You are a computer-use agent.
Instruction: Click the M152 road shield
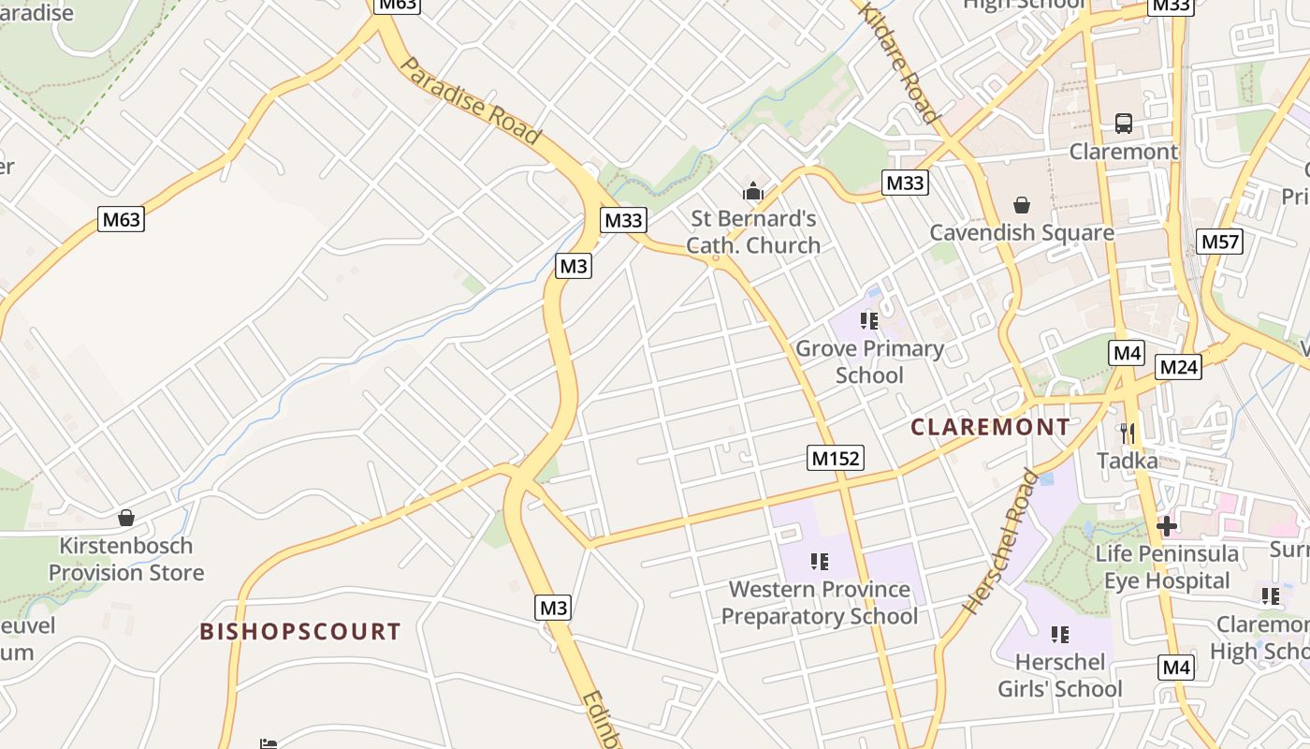[835, 458]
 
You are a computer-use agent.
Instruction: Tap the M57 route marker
[1220, 242]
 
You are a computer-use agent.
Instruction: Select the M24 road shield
[1178, 367]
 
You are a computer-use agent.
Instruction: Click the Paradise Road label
[471, 101]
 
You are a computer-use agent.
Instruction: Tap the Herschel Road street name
[1000, 542]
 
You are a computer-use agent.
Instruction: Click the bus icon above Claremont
[1123, 124]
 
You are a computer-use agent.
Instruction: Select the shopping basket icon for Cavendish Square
[1022, 205]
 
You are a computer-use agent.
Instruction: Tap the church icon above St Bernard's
[753, 192]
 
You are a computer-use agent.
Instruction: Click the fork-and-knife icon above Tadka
[1128, 433]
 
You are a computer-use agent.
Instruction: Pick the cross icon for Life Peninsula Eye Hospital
[1166, 526]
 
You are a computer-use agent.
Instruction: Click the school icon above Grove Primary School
[869, 321]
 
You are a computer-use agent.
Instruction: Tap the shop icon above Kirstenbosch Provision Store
[126, 518]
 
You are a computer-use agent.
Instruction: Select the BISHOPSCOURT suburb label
[300, 632]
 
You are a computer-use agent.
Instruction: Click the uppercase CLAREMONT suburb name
[990, 428]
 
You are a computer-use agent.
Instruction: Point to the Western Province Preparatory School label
[820, 603]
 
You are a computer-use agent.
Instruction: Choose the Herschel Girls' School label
[1059, 676]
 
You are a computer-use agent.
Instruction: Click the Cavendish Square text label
[1022, 232]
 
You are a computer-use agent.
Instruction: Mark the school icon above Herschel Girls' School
[1059, 635]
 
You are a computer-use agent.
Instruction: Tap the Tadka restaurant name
[1127, 461]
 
